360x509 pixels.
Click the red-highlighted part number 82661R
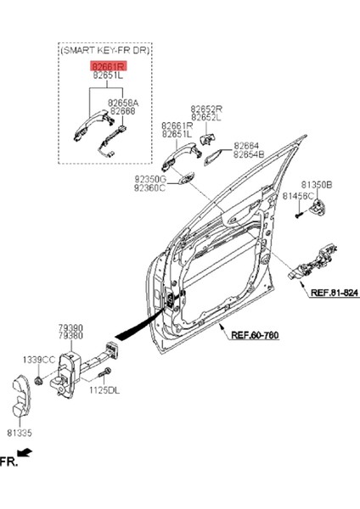(x=110, y=64)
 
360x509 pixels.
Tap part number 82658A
(x=122, y=102)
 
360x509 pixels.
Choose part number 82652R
(x=206, y=109)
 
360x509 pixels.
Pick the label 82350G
(x=149, y=179)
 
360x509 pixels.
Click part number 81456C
(x=299, y=196)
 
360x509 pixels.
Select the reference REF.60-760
(x=255, y=334)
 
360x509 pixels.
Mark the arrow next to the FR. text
(x=27, y=455)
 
